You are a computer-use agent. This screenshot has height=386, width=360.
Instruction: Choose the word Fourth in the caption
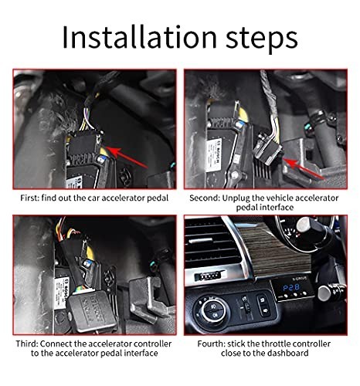pos(203,343)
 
